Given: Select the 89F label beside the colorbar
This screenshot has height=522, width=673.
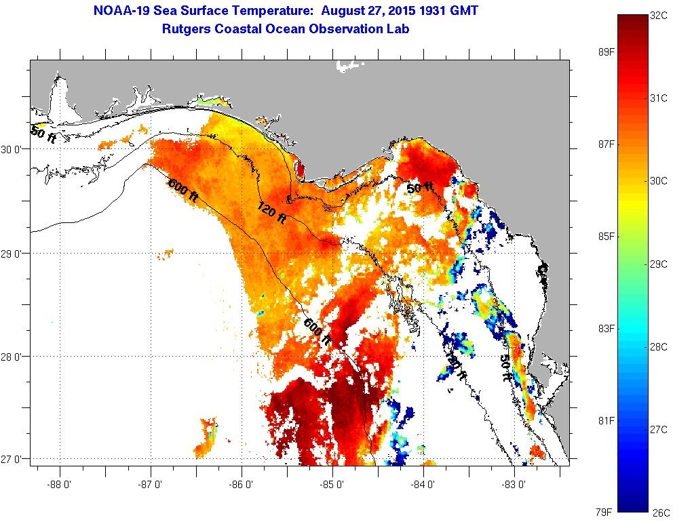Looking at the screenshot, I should (x=606, y=52).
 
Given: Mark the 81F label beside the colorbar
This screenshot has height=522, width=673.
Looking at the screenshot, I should (x=606, y=420).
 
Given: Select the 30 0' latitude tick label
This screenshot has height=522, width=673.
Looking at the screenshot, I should (x=14, y=148).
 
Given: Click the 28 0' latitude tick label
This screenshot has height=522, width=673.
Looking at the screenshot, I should (x=14, y=356).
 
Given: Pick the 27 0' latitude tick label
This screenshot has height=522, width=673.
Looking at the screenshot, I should (x=14, y=459).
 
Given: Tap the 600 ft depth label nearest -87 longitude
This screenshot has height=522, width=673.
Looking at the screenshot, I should (x=182, y=190).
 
